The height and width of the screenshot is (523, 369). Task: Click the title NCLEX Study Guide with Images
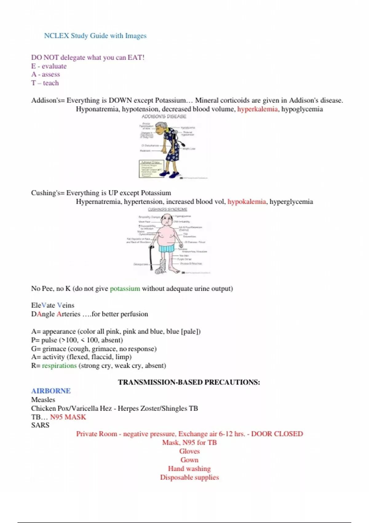95,36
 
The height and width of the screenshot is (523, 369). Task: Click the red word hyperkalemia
257,109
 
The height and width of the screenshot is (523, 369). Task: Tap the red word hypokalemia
247,202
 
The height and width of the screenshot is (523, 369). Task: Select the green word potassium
125,289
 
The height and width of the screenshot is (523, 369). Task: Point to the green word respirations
59,365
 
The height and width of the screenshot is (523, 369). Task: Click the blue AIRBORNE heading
51,391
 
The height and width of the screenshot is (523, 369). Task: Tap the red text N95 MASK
68,417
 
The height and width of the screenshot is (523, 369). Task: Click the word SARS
40,425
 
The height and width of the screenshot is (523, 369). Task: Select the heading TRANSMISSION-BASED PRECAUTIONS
189,382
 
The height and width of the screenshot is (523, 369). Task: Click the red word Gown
189,460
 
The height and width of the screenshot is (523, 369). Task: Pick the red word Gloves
189,451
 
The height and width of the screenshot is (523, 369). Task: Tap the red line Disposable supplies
189,477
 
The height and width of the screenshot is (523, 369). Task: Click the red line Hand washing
189,469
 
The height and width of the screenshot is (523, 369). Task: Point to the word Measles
43,400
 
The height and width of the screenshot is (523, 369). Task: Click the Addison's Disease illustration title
164,117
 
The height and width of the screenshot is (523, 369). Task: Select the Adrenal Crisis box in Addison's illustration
151,169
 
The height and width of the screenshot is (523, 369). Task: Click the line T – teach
45,83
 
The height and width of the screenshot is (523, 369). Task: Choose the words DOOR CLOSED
277,434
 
